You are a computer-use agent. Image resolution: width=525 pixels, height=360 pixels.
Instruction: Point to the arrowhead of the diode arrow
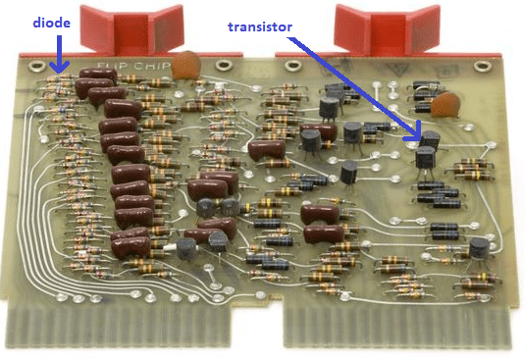click(59, 70)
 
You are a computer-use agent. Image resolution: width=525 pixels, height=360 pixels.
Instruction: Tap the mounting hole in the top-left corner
click(36, 68)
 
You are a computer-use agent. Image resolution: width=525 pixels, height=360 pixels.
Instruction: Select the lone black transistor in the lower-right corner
click(477, 252)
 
